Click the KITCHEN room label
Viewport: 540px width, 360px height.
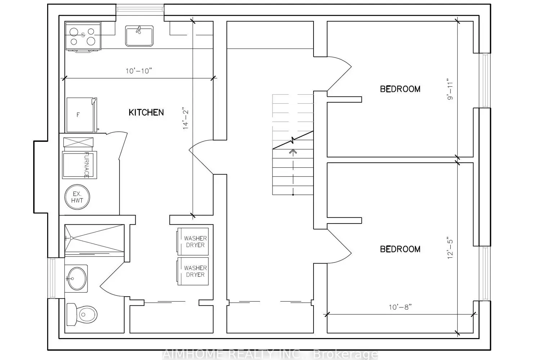point(146,112)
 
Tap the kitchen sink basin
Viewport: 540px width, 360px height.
point(139,36)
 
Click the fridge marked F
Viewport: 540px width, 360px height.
point(81,115)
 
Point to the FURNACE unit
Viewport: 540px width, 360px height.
point(80,165)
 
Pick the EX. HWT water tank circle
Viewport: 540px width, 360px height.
point(77,197)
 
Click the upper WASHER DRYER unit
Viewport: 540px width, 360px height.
point(193,242)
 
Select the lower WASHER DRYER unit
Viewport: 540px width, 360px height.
point(193,271)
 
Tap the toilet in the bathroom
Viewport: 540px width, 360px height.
point(82,314)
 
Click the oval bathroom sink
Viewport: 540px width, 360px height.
point(77,279)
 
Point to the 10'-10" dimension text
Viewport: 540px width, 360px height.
point(139,71)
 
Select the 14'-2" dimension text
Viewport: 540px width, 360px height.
point(185,118)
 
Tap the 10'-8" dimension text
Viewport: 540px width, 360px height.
point(400,307)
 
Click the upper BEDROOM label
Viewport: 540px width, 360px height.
point(400,89)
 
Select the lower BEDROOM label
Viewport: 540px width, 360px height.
point(400,249)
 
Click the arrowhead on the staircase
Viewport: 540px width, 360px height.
point(293,152)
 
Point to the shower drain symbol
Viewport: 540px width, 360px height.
point(71,238)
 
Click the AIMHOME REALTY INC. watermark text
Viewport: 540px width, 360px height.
point(231,354)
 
